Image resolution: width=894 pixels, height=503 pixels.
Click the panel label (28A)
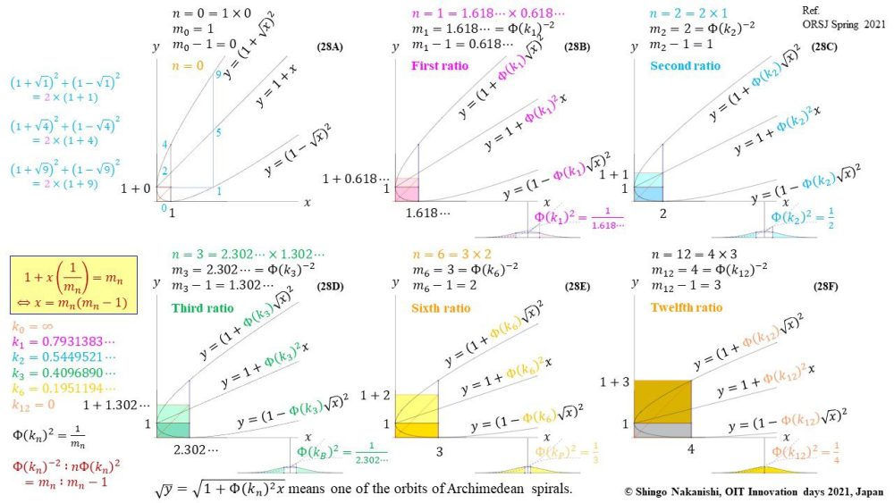pos(335,46)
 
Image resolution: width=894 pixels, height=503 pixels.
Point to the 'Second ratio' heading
pos(686,66)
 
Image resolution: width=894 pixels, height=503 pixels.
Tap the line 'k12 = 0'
pos(34,405)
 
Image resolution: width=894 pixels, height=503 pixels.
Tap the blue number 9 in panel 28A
pos(216,74)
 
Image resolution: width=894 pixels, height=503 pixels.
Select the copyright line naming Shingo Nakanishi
pos(751,490)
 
